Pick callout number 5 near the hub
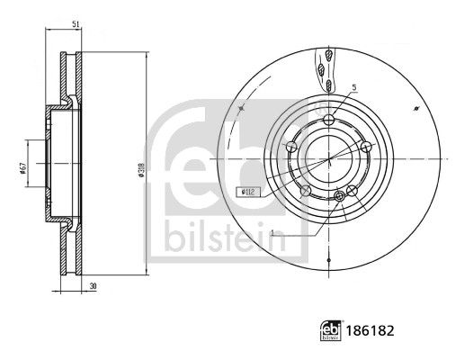pyautogui.click(x=354, y=87)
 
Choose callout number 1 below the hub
pyautogui.click(x=271, y=233)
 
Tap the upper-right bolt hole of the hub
pyautogui.click(x=366, y=147)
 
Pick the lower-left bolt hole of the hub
pyautogui.click(x=307, y=190)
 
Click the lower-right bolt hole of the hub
pyautogui.click(x=353, y=190)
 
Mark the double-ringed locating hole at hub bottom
pyautogui.click(x=338, y=196)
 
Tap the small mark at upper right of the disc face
pyautogui.click(x=416, y=107)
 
